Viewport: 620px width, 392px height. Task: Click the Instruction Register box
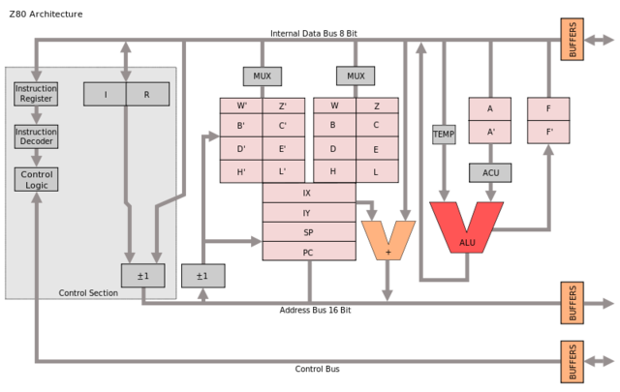35,94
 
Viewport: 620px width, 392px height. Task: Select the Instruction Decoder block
35,136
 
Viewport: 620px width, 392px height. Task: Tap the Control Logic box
35,178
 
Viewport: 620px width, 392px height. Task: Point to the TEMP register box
444,134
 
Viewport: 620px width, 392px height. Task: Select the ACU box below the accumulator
489,172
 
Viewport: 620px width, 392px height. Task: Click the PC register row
307,252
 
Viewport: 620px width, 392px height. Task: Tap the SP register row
307,232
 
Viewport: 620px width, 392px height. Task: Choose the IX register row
307,193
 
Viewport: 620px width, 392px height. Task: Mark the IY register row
307,213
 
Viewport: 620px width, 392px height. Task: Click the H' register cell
241,170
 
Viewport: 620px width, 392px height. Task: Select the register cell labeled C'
282,126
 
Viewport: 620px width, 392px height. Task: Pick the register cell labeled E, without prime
376,149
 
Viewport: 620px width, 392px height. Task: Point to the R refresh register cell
147,94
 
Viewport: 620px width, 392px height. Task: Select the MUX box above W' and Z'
262,75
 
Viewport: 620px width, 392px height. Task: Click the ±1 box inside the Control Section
142,276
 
